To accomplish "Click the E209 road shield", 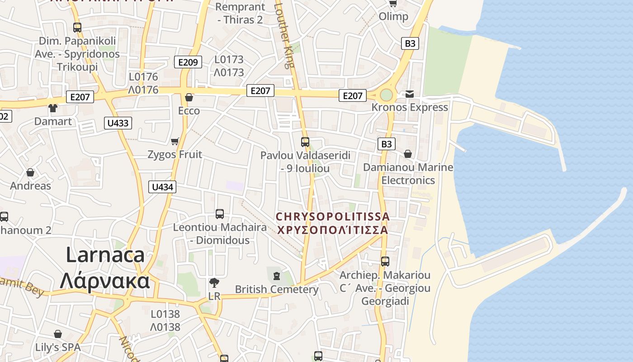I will point(188,62).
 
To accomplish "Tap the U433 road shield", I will point(118,123).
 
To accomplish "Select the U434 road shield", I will point(162,186).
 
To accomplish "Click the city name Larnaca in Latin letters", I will point(105,255).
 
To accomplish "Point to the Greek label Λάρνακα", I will point(105,281).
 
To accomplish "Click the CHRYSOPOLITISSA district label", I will point(332,217).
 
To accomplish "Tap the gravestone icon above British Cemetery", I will point(276,275).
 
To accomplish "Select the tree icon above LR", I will point(214,283).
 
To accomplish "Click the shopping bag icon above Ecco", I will point(189,97).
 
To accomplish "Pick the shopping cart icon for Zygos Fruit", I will point(175,141).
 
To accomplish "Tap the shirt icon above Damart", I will point(53,108).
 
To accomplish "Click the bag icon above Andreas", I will point(30,172).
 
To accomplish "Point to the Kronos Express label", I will point(410,107).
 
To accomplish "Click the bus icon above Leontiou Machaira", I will point(220,214).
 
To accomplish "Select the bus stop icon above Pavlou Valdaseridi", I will point(305,142).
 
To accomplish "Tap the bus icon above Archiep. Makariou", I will point(385,261).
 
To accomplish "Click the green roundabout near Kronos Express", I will point(386,95).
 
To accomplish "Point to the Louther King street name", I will point(285,34).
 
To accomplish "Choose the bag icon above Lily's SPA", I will point(58,334).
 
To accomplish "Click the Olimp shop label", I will point(393,17).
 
